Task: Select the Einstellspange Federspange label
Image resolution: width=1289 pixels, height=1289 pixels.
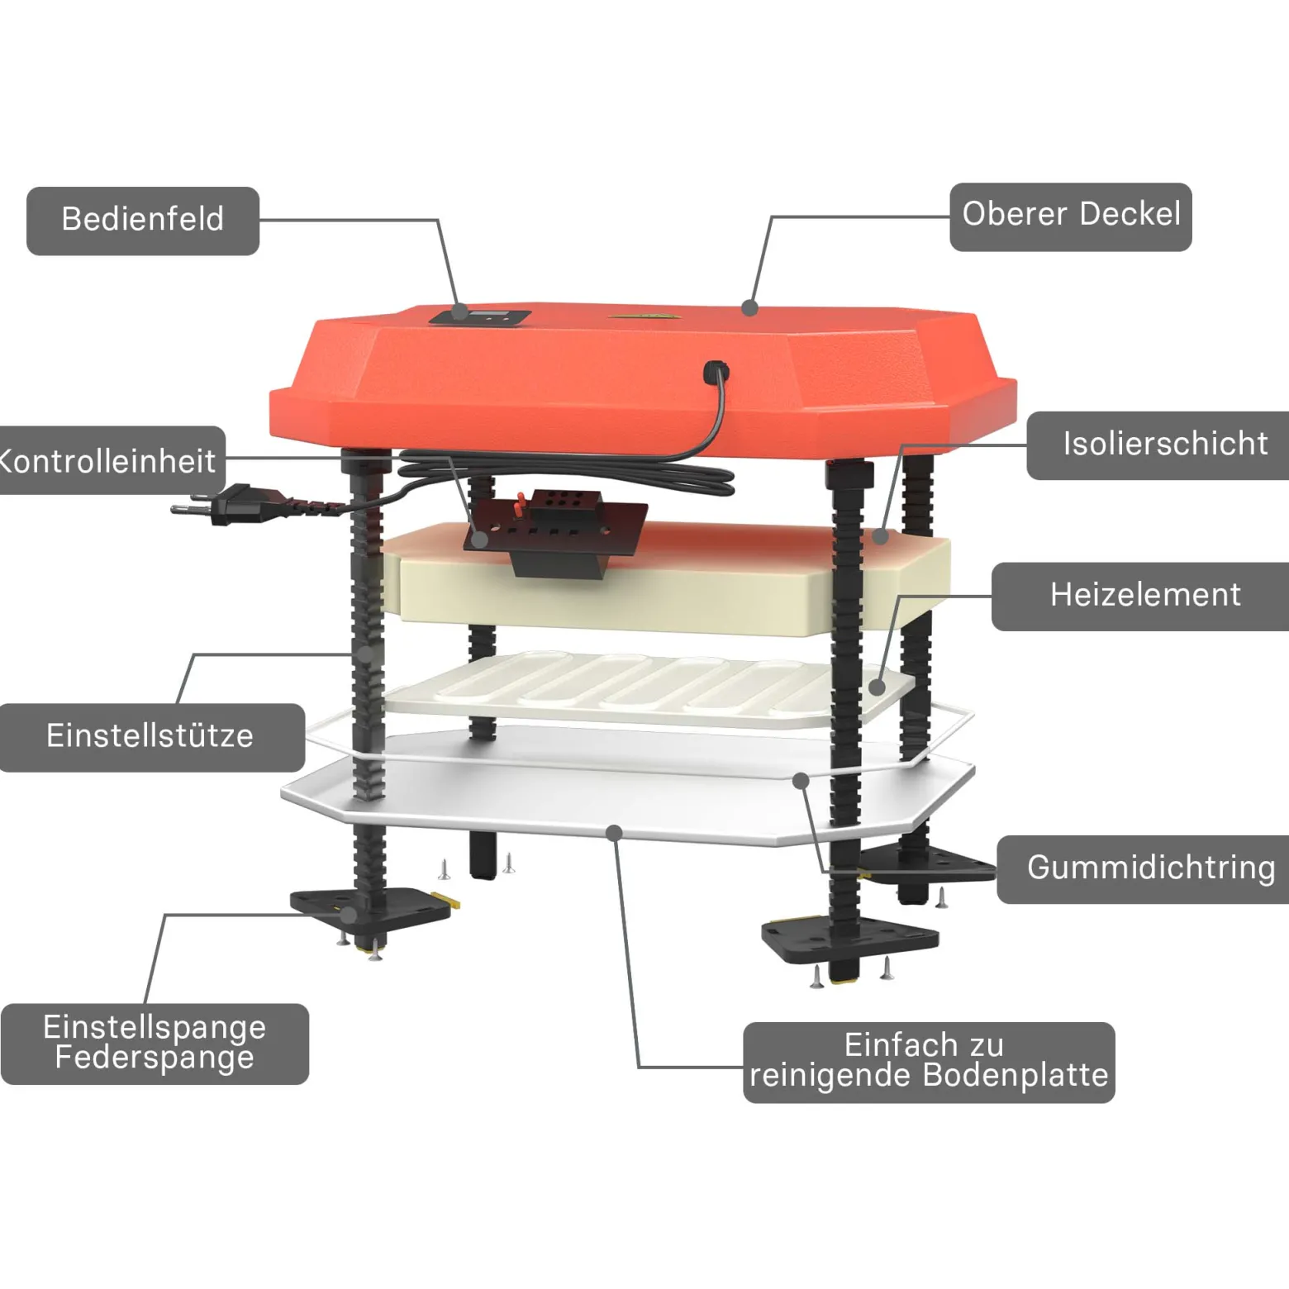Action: (155, 1044)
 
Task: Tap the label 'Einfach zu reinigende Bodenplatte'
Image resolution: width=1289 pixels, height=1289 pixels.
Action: (929, 1062)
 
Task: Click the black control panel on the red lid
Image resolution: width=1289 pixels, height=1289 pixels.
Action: (479, 316)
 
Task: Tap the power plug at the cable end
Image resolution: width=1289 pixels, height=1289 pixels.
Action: (223, 505)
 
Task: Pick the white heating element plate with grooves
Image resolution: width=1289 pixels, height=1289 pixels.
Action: (649, 689)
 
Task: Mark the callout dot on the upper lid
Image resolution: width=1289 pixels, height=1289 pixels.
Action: (749, 307)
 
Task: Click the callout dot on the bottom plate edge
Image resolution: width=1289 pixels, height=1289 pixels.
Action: (614, 833)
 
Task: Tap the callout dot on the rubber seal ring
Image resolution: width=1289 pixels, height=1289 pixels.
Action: (800, 780)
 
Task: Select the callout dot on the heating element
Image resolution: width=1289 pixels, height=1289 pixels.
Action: (877, 687)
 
